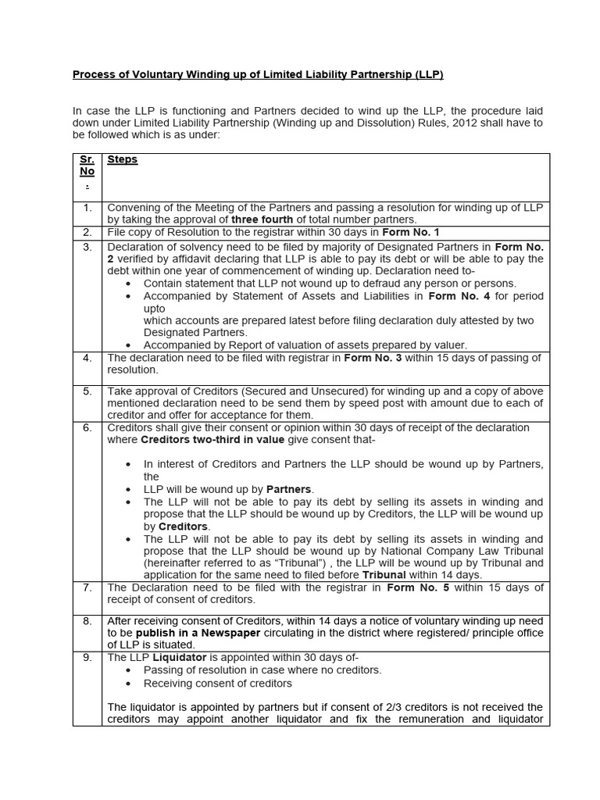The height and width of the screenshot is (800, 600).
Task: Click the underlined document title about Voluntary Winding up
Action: coord(258,75)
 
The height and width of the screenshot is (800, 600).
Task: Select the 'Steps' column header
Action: coord(122,159)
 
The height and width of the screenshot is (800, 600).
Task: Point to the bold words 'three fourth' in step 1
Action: coord(262,220)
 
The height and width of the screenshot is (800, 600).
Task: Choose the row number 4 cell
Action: coord(87,358)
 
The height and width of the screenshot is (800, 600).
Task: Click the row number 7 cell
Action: coord(87,587)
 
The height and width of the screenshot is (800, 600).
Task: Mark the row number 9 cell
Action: coord(87,658)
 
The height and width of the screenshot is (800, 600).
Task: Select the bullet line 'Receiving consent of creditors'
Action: coord(217,684)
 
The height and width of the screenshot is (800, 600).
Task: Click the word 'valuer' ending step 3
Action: coord(448,345)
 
